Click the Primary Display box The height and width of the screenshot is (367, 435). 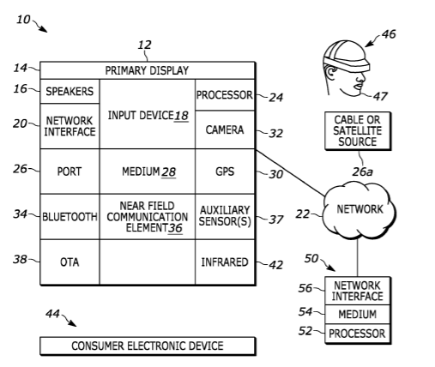point(148,70)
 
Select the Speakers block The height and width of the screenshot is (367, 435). point(69,91)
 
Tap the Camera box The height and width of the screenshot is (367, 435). point(225,129)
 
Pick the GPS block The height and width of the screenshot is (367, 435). point(225,171)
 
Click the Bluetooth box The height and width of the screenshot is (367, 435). point(69,217)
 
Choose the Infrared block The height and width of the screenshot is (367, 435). point(225,262)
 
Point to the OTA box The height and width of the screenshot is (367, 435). point(69,262)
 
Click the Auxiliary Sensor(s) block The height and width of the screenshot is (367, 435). point(225,216)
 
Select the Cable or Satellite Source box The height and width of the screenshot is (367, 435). point(358,130)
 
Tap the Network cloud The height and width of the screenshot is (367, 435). point(359,210)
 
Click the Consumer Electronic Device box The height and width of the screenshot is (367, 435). point(148,346)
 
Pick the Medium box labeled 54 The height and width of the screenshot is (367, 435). point(358,315)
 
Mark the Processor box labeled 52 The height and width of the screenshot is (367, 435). point(358,334)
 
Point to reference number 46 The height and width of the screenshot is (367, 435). point(389,34)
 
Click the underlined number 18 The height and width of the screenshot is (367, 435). point(181,116)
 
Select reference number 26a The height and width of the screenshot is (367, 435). point(362,171)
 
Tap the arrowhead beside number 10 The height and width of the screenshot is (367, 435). point(45,30)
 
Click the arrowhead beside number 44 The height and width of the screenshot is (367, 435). point(73,324)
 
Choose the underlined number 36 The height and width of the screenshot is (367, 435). point(175,228)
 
